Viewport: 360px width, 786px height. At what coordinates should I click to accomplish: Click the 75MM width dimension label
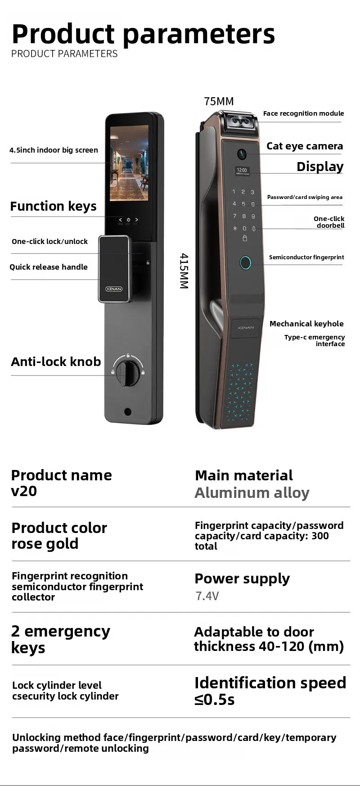pos(219,101)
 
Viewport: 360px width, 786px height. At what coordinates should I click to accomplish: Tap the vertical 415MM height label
pos(184,271)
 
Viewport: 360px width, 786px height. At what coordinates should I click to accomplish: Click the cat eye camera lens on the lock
pos(242,154)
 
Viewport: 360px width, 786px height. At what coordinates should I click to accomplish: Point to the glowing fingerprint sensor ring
pos(245,263)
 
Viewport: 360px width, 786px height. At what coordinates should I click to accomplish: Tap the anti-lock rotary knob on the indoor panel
pos(128,372)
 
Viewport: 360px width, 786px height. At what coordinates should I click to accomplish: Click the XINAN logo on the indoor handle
pos(114,289)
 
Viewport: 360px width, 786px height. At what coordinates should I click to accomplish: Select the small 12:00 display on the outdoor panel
pos(242,171)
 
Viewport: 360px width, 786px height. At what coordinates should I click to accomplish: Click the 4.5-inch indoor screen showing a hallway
pos(129,163)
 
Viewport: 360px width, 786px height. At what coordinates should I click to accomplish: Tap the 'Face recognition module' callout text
pos(303,113)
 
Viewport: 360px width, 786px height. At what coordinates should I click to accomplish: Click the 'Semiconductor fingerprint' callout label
pos(306,257)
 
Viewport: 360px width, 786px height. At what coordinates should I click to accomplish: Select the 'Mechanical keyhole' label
pos(306,324)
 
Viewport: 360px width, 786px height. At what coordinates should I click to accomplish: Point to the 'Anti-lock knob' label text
pos(56,362)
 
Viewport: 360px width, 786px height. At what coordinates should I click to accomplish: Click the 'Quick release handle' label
pos(49,267)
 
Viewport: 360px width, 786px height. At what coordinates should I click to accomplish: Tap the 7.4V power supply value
pos(207,596)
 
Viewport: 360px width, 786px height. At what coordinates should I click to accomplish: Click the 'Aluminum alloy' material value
pos(252,493)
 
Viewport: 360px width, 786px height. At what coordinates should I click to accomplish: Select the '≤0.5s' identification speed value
pos(215,700)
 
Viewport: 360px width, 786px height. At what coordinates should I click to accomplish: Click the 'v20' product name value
pos(24,491)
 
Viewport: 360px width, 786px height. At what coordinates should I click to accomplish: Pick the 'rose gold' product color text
pos(45,544)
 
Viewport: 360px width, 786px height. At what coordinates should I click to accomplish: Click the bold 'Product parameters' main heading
pos(143,34)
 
